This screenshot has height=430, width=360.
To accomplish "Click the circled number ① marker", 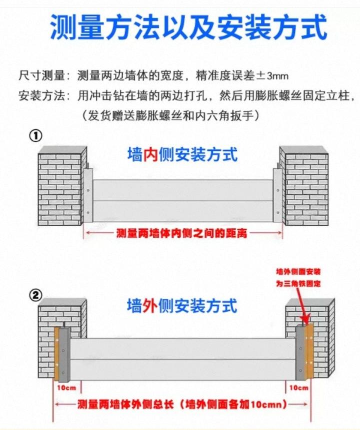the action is [x=36, y=136].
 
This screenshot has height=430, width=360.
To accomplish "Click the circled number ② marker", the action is [x=36, y=296].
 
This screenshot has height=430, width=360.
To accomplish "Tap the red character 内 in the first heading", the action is [x=150, y=155].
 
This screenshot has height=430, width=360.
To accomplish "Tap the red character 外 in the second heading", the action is [x=149, y=306].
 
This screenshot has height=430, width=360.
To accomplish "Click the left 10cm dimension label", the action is [x=66, y=388].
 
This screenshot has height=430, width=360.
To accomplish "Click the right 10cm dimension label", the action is [x=298, y=388].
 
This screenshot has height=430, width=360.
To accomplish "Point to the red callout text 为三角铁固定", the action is [x=298, y=284].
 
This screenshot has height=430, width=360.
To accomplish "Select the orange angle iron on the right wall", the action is [x=309, y=351].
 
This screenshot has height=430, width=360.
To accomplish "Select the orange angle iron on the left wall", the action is [x=56, y=354].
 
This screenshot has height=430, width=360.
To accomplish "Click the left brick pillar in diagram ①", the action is [x=62, y=186].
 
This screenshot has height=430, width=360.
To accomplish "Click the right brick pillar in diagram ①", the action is [x=304, y=186].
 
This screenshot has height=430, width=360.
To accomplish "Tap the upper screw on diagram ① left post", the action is [x=88, y=190].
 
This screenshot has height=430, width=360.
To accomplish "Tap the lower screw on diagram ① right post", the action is [x=277, y=213].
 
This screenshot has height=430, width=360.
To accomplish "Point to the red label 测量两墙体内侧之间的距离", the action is [x=181, y=233].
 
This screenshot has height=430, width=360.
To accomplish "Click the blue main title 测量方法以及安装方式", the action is [x=188, y=27].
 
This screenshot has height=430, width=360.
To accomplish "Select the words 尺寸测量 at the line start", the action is [x=41, y=76].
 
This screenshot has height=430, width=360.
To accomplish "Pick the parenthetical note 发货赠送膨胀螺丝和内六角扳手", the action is [x=170, y=116].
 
